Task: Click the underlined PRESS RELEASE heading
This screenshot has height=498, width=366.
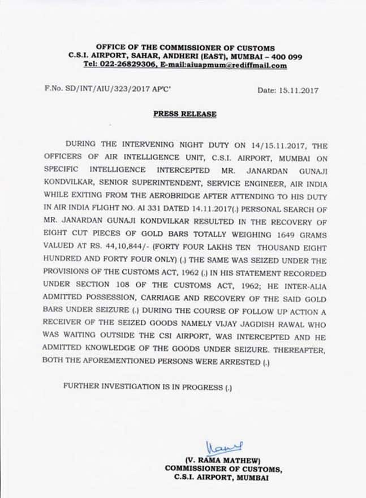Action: pos(184,114)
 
